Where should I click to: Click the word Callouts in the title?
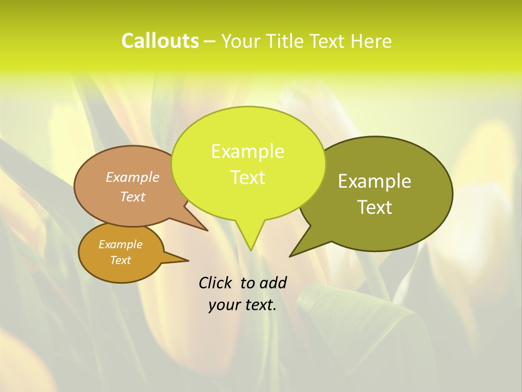[x=160, y=41]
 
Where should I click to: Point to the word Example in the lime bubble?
[x=247, y=151]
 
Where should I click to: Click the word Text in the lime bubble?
[x=247, y=177]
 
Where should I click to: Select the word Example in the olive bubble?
[x=375, y=181]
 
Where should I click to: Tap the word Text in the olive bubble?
[x=375, y=207]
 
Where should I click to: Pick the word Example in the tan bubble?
[x=133, y=177]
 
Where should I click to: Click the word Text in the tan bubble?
[x=133, y=197]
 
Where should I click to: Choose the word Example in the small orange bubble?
[x=120, y=244]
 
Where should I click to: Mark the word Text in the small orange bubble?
[x=120, y=260]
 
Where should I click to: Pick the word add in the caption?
[x=272, y=283]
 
